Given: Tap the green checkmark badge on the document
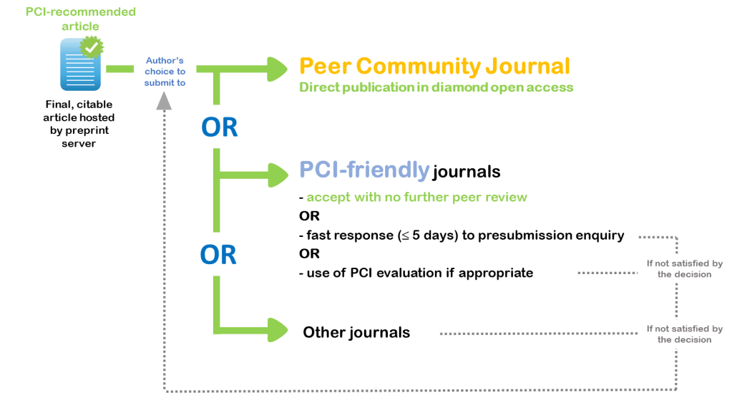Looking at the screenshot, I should click(x=92, y=47).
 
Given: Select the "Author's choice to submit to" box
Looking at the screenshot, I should click(x=165, y=72).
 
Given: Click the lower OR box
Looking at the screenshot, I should click(x=219, y=253).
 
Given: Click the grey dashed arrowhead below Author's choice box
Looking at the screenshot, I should click(x=165, y=102).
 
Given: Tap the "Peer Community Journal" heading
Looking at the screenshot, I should click(x=434, y=67).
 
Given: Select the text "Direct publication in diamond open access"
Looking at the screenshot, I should click(x=436, y=88).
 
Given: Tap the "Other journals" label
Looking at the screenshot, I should click(x=356, y=332).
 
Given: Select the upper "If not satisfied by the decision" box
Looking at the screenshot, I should click(x=684, y=268).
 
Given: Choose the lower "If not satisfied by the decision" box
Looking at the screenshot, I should click(x=684, y=334).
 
